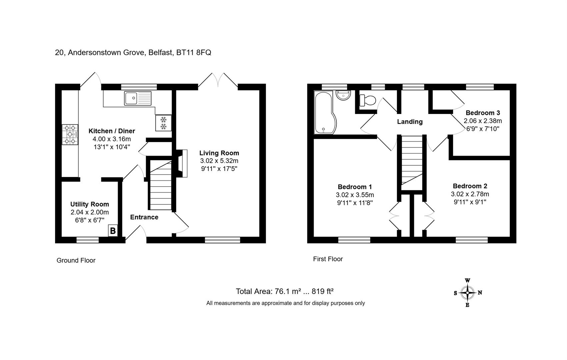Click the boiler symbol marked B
pos(113,231)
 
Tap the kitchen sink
pos(138,98)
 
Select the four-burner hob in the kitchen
pos(70,135)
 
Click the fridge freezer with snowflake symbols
pos(164,123)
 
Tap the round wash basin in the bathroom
pos(343,95)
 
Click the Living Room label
pos(219,153)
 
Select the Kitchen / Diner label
pos(112,131)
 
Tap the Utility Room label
pos(90,204)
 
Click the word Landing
pos(410,122)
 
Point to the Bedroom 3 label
pos(483,113)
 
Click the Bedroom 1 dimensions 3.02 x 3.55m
pos(355,195)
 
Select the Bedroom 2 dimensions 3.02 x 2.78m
pos(470,194)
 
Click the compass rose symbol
pos(468,293)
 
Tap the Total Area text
pos(285,291)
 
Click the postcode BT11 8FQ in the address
pos(194,52)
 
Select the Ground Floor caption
pos(76,260)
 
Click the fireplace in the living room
pos(182,163)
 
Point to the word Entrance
pos(144,217)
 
